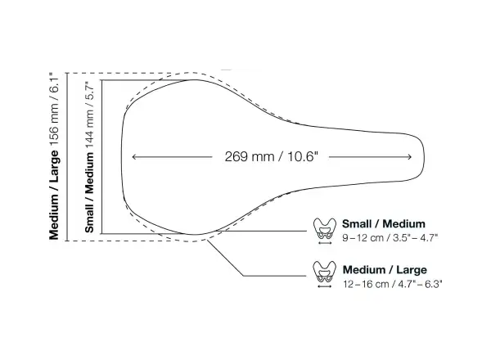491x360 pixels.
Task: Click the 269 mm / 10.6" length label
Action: point(271,156)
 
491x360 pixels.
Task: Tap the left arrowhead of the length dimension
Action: point(133,157)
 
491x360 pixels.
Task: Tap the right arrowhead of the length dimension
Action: point(410,157)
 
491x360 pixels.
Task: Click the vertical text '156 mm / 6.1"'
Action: point(53,109)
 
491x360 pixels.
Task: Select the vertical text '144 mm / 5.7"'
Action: point(89,115)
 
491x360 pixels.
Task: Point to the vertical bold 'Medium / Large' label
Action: point(53,195)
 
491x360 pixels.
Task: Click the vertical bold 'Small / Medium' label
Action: point(89,192)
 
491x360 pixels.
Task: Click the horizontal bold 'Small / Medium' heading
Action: point(384,224)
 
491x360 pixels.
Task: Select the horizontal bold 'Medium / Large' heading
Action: point(385,269)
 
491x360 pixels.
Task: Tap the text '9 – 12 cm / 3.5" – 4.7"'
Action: point(390,238)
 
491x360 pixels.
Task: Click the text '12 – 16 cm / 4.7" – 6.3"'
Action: point(392,284)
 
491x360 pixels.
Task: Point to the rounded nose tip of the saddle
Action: point(424,156)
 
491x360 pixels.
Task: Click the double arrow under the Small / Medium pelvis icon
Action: point(324,243)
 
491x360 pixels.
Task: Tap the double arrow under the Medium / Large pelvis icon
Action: point(324,286)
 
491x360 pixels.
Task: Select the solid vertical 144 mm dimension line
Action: point(101,157)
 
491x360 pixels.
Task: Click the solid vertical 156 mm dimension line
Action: point(67,157)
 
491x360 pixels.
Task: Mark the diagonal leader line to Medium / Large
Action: point(226,258)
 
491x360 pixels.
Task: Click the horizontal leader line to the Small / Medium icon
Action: point(262,231)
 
